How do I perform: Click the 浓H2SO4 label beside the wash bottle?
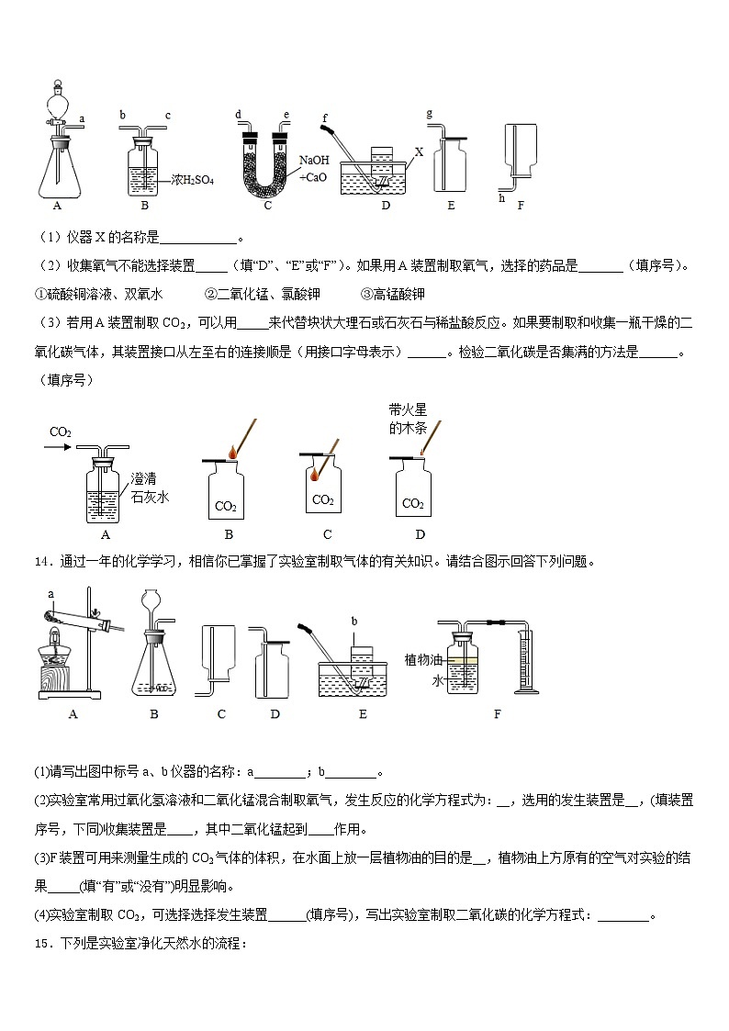coord(193,181)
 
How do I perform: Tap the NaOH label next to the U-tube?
coord(313,159)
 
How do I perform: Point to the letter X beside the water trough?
coord(419,153)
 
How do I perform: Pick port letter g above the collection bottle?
coord(430,113)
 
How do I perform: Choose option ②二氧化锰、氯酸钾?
coord(260,294)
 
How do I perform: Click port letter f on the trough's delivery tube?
coord(325,118)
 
